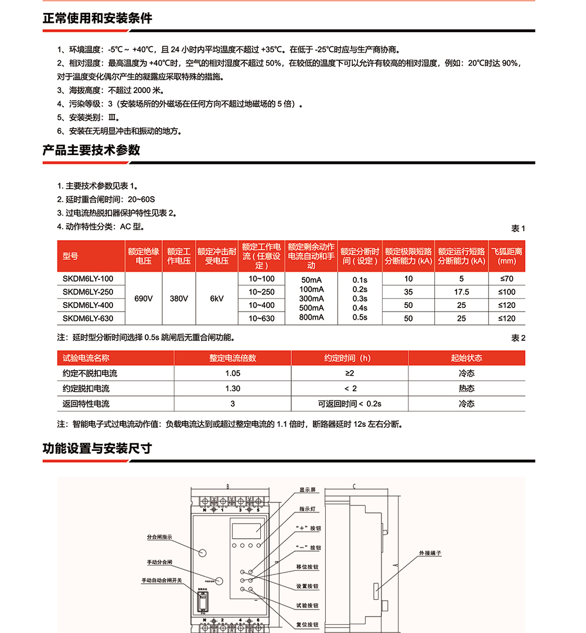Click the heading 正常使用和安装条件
pos(97,19)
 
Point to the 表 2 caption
pos(518,338)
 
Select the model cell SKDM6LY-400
pos(88,305)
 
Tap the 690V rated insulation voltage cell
pos(144,299)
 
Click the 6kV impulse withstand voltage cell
pos(217,299)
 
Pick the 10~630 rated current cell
pos(261,319)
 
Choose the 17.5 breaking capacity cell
pos(462,292)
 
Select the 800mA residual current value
pos(311,317)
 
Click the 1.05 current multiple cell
pos(233,373)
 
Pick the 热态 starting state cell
pos(466,388)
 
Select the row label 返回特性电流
pos(86,403)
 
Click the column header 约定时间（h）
pos(349,358)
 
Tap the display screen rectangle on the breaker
pos(246,530)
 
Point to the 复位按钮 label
pos(308,624)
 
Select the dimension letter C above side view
pos(355,486)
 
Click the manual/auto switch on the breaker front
pos(203,603)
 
